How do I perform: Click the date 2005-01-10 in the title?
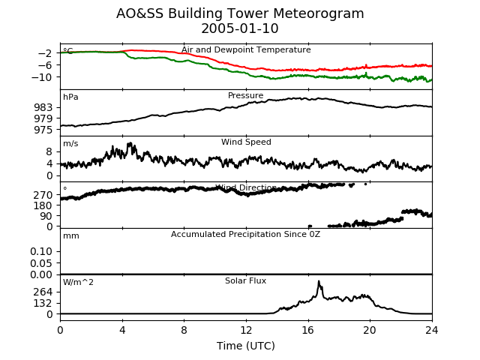(240, 28)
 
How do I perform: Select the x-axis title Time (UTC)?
(246, 346)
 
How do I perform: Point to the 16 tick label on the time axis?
(308, 330)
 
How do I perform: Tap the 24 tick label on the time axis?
(432, 330)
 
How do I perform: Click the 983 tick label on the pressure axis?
(43, 107)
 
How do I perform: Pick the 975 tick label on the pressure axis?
(43, 130)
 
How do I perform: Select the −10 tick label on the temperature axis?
(42, 76)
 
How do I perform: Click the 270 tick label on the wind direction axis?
(43, 195)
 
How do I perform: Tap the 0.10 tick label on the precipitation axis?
(41, 251)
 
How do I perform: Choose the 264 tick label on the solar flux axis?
(43, 292)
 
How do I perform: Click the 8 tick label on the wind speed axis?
(49, 151)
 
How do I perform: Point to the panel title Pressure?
(245, 95)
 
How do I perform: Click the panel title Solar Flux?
(245, 280)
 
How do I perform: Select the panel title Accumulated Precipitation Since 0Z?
(245, 235)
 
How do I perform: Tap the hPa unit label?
(70, 97)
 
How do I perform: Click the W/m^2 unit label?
(78, 282)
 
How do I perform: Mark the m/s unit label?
(70, 143)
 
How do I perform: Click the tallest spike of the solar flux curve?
(319, 281)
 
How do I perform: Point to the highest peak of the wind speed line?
(130, 143)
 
